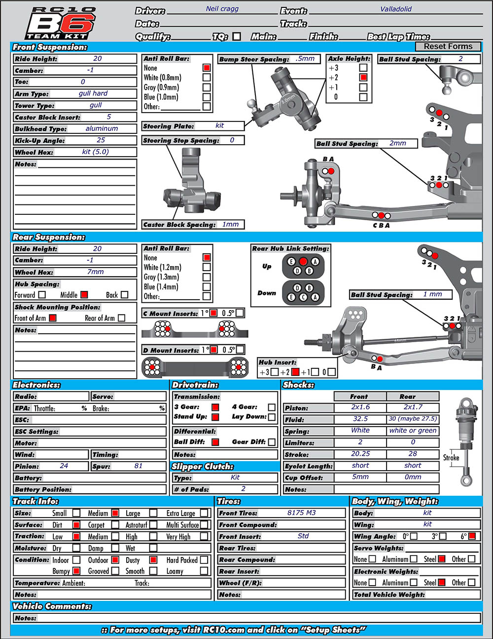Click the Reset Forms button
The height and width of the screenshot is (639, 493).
click(448, 46)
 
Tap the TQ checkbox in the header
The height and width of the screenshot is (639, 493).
click(237, 37)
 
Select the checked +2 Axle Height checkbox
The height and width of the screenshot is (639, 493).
click(363, 78)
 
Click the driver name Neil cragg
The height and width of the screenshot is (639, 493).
click(222, 9)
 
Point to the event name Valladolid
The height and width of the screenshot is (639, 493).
click(396, 9)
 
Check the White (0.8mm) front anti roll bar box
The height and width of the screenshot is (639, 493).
click(207, 78)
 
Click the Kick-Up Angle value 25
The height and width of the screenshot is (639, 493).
click(101, 140)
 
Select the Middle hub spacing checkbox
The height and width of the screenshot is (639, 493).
click(84, 294)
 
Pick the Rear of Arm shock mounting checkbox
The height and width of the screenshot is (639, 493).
click(121, 318)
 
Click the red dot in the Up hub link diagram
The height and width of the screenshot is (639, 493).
click(303, 261)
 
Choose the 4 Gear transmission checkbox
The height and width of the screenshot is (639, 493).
click(272, 407)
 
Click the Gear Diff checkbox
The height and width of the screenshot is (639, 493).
click(272, 442)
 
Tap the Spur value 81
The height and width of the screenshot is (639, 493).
click(138, 466)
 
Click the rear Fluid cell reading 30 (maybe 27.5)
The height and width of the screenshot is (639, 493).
click(413, 419)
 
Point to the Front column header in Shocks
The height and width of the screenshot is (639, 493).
click(358, 397)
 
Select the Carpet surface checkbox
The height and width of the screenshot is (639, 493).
click(115, 524)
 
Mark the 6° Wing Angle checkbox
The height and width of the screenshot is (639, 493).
click(472, 536)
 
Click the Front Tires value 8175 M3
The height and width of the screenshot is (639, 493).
click(301, 513)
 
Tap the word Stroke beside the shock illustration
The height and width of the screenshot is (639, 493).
click(451, 458)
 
